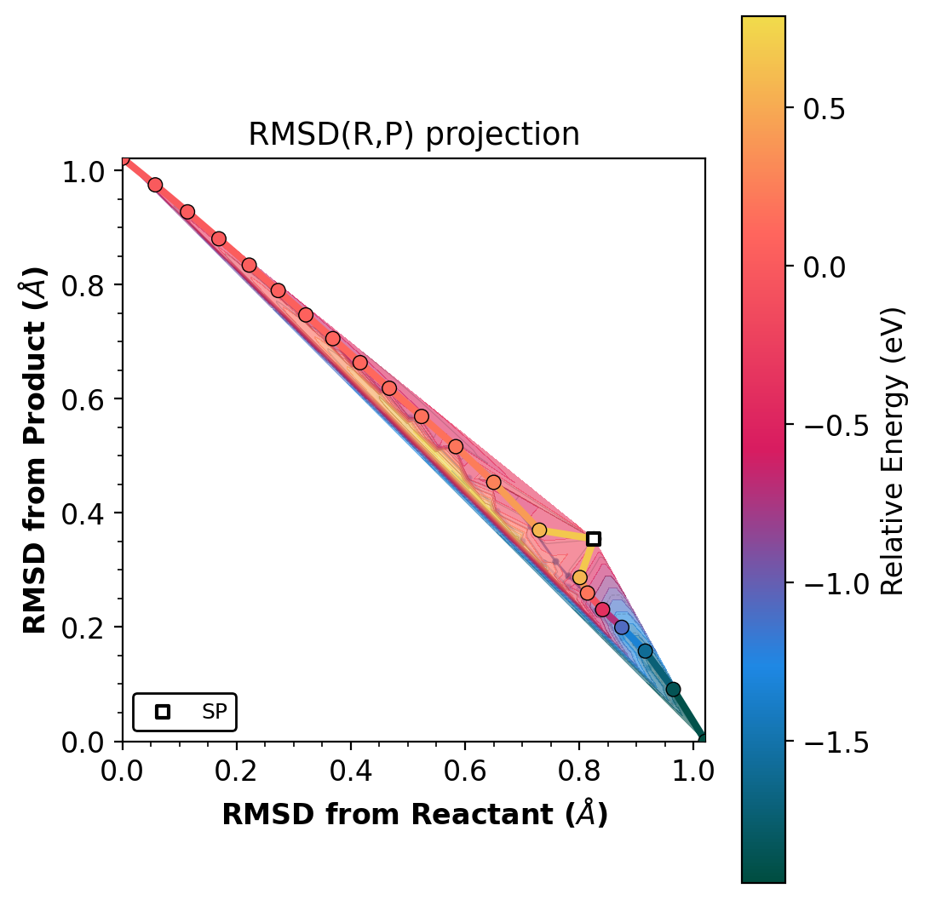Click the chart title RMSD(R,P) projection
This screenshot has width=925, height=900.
click(x=414, y=135)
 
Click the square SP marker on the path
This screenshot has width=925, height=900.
click(x=594, y=538)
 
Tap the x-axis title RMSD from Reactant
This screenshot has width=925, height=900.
click(x=414, y=815)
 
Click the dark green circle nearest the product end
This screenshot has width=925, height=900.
click(x=673, y=689)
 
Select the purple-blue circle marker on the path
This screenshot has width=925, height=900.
click(x=622, y=628)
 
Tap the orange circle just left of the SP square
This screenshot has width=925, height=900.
click(x=539, y=530)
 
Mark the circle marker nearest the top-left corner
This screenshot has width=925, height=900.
click(x=155, y=185)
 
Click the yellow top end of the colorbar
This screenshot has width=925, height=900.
click(x=763, y=21)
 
